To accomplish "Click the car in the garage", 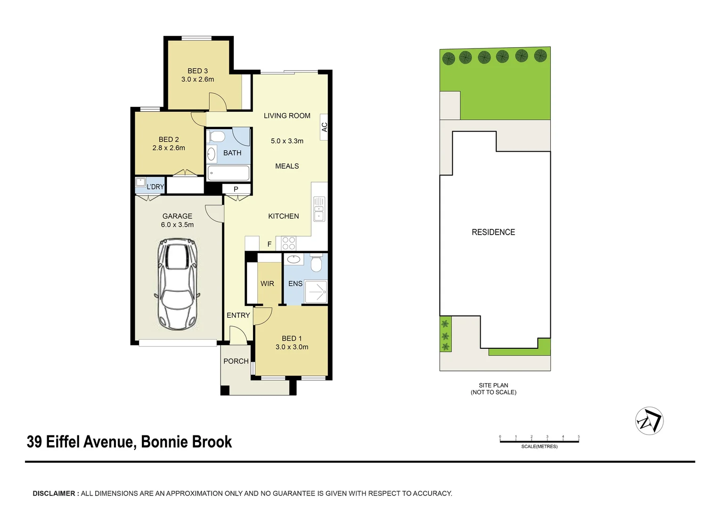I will (x=177, y=284).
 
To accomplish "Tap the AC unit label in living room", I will (x=324, y=127).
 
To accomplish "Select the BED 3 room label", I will (x=197, y=71).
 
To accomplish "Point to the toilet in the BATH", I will (x=217, y=137).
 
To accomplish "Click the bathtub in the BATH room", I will (x=229, y=173).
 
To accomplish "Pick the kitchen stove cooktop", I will (x=288, y=243).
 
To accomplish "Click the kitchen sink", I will (x=319, y=209).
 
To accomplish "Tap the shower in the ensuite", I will (x=316, y=292).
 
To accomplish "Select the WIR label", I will (x=267, y=284).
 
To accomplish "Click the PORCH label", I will (x=236, y=361).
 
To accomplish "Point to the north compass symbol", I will (x=649, y=420).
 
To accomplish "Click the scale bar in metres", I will (x=539, y=441).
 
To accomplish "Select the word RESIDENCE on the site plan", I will (x=493, y=232).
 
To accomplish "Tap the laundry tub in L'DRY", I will (x=140, y=182).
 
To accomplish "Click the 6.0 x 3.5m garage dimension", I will (x=177, y=225).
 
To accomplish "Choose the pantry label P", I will (x=236, y=189).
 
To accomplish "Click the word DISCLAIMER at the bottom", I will (x=54, y=493).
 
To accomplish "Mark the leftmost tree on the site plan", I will (x=449, y=59).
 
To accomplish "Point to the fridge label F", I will (x=270, y=244).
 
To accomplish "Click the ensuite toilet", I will (x=317, y=263).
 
